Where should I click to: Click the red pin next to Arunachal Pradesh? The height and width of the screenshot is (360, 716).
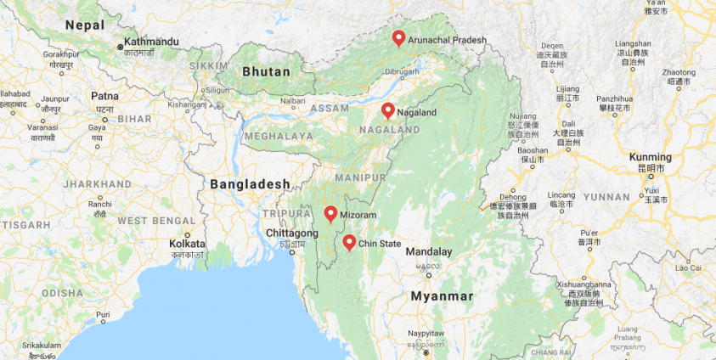click(x=398, y=38)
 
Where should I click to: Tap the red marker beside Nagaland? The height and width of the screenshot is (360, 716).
click(x=387, y=110)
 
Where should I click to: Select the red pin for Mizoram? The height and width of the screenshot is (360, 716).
click(x=330, y=214)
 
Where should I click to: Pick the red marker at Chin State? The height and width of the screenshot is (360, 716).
click(x=349, y=243)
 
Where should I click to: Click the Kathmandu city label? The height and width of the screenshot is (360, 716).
click(x=153, y=42)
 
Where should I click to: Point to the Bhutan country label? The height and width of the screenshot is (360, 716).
click(x=266, y=72)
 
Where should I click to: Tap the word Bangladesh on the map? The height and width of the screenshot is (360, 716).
click(x=250, y=184)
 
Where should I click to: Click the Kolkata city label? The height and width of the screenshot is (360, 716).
click(x=185, y=243)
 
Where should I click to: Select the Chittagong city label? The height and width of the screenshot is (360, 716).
click(x=291, y=233)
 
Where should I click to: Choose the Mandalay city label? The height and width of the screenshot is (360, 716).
click(x=429, y=252)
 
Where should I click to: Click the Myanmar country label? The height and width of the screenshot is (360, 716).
click(x=442, y=296)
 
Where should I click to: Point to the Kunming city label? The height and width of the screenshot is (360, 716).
click(x=650, y=157)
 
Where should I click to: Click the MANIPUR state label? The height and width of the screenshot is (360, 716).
click(x=360, y=177)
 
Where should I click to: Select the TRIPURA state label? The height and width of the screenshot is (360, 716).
click(x=280, y=213)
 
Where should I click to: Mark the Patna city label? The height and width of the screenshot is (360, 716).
click(x=105, y=97)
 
